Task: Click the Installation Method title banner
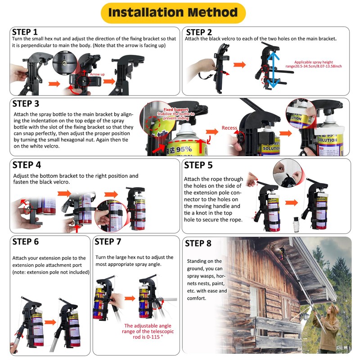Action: [173, 13]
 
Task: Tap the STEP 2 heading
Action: [199, 32]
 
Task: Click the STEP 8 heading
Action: [198, 243]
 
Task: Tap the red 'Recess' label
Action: [229, 128]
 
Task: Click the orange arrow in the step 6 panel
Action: [49, 322]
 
